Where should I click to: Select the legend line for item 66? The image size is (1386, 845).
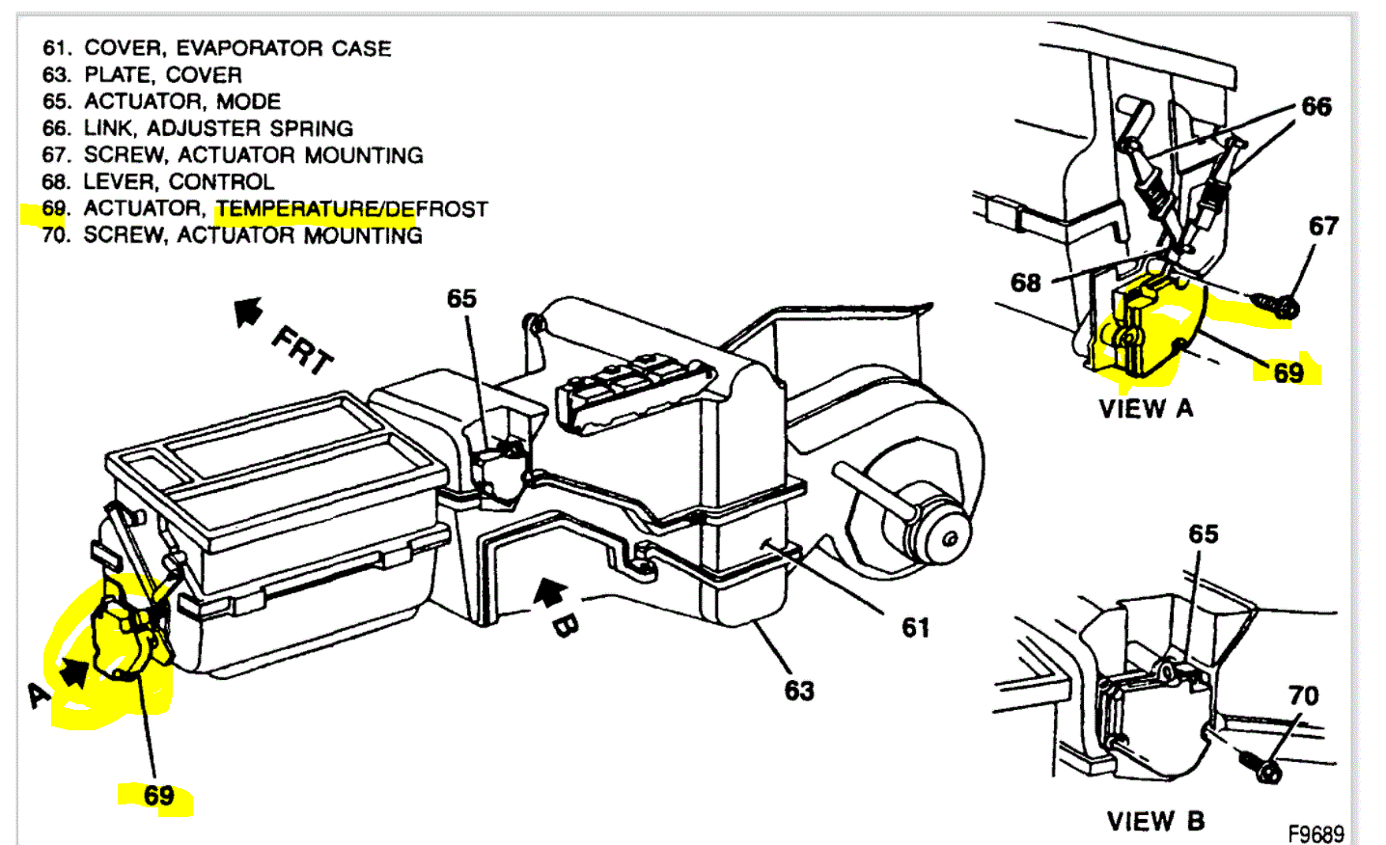(198, 128)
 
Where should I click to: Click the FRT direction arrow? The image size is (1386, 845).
(249, 312)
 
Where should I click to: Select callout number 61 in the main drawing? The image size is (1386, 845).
(915, 628)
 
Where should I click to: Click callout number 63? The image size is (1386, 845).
(799, 691)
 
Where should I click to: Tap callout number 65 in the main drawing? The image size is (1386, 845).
(461, 298)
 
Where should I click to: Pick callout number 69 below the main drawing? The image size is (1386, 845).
(159, 796)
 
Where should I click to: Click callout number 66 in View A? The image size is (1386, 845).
(1317, 106)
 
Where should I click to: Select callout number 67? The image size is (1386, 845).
(1323, 226)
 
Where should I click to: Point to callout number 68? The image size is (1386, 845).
(1026, 283)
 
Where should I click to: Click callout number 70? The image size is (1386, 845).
(1303, 695)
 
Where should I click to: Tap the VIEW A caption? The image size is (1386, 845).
(1147, 409)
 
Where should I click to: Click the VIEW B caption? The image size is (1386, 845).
(1155, 821)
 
